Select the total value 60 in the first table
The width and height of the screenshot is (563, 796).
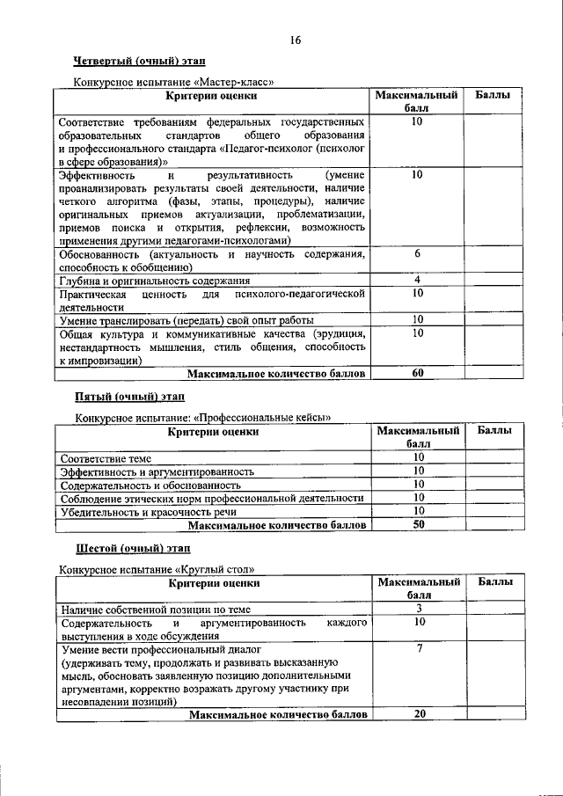[x=418, y=373]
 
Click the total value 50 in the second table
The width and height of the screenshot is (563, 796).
[x=419, y=525]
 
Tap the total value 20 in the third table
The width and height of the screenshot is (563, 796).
[x=420, y=713]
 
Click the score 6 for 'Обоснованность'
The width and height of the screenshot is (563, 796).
[x=418, y=253]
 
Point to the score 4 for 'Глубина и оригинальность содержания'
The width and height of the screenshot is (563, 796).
[x=418, y=280]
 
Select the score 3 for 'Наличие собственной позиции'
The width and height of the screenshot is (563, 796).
[x=420, y=609]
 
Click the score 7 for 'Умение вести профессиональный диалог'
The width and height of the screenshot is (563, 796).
[x=420, y=648]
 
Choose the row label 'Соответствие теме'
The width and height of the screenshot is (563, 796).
[x=106, y=458]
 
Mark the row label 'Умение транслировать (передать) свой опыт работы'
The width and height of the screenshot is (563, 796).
[x=186, y=320]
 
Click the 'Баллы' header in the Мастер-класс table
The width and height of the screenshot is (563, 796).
[x=495, y=94]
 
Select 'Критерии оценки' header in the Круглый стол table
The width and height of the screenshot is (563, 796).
[x=215, y=582]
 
